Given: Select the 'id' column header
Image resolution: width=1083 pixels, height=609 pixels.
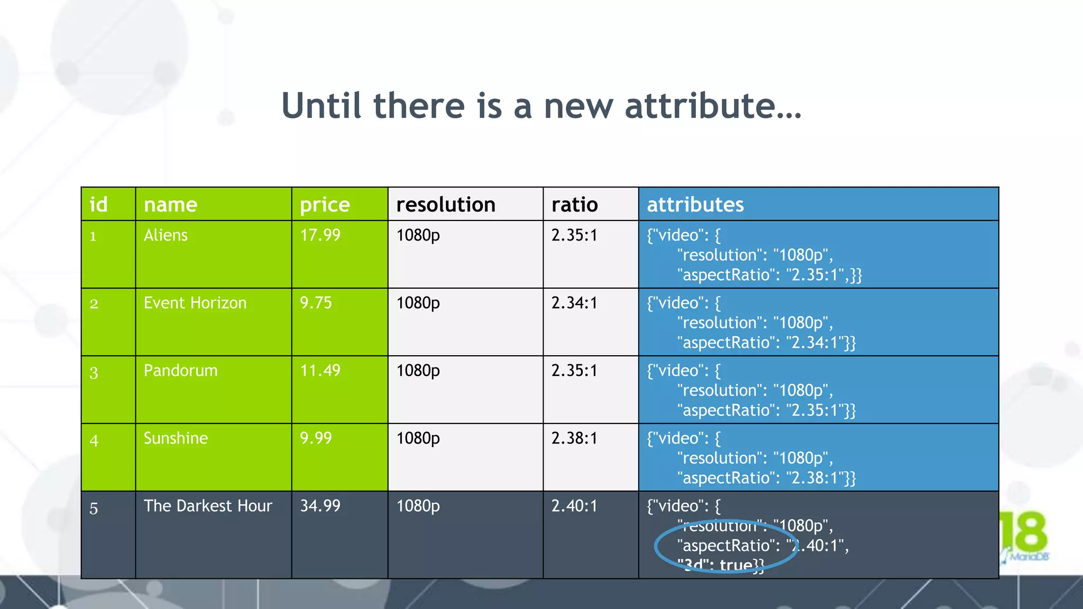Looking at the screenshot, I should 99,205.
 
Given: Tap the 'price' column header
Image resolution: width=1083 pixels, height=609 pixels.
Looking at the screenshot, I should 325,205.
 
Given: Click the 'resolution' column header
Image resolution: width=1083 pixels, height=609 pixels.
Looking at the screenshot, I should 446,205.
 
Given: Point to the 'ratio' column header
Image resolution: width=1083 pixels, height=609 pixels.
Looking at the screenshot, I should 574,205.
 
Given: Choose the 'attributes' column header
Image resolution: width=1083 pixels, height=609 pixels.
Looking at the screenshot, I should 695,205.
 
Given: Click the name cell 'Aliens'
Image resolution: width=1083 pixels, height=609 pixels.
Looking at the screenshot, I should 166,235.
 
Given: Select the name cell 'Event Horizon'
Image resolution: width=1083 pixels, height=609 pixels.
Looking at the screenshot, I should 195,303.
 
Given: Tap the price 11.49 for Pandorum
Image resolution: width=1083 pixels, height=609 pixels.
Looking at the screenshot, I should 320,371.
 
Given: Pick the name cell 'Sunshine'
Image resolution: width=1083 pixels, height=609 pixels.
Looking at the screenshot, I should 176,438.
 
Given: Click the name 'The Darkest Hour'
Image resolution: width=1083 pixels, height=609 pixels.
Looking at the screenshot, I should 208,506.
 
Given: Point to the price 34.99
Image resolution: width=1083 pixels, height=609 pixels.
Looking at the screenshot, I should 320,506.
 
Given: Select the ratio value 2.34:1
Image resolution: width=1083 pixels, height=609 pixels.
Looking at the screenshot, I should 574,303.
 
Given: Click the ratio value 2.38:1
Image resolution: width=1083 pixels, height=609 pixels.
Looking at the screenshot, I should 574,438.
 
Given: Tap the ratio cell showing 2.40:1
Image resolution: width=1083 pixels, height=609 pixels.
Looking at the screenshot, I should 574,506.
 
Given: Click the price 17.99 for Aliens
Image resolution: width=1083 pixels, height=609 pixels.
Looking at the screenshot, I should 320,235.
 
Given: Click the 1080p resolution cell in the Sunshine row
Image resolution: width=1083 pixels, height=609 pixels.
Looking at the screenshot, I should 418,438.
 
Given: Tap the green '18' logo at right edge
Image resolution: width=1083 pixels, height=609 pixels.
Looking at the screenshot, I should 1028,532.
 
